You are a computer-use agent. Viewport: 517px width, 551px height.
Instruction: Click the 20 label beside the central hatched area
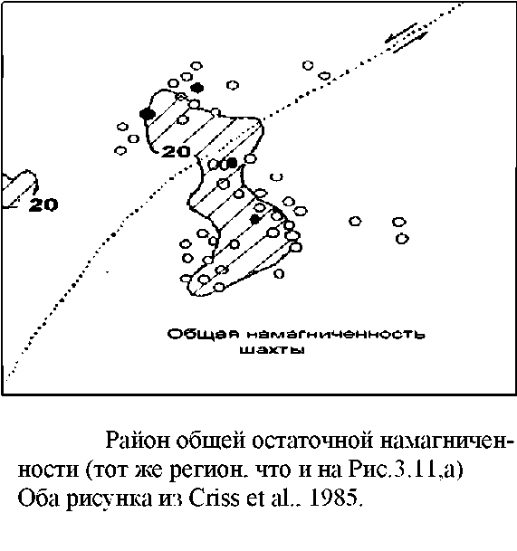point(176,151)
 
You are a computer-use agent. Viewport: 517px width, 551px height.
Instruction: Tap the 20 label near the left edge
point(43,204)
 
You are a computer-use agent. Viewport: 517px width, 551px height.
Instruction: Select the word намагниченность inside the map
point(336,334)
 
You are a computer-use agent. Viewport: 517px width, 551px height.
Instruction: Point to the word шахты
point(272,350)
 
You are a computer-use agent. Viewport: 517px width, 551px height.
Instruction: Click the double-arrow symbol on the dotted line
point(407,37)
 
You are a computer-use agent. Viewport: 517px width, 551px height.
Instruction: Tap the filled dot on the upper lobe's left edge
point(148,114)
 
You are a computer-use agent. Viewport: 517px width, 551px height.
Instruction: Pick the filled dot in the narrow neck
point(232,163)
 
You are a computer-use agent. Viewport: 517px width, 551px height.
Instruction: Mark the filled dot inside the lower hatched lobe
point(254,219)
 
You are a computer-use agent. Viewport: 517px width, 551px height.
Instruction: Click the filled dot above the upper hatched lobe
point(197,88)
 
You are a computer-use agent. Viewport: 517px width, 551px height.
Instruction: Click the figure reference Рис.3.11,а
point(406,470)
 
